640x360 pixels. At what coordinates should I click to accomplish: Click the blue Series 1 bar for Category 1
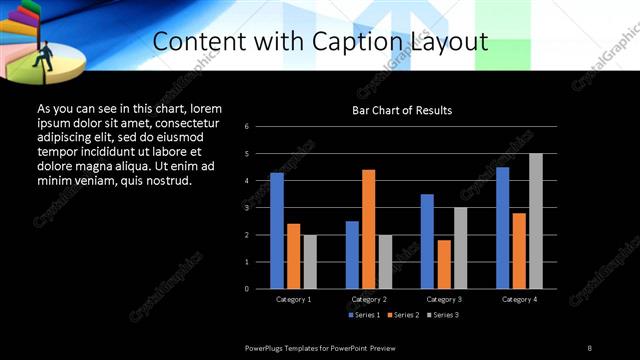coord(277,231)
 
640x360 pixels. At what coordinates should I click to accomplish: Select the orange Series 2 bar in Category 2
coord(369,229)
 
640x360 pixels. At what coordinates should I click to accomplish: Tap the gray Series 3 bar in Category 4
coord(536,221)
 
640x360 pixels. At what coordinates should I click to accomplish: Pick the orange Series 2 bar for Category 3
coord(444,264)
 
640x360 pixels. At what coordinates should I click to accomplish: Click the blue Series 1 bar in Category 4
coord(502,228)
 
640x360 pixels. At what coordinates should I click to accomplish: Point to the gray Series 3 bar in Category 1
coord(310,262)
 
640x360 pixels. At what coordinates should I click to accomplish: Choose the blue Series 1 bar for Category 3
coord(427,241)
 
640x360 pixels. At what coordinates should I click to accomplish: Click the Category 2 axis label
coord(369,299)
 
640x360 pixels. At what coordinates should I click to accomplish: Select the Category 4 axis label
coord(519,299)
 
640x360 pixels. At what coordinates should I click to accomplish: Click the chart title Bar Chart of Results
coord(402,110)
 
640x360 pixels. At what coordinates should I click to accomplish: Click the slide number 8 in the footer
coord(590,347)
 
